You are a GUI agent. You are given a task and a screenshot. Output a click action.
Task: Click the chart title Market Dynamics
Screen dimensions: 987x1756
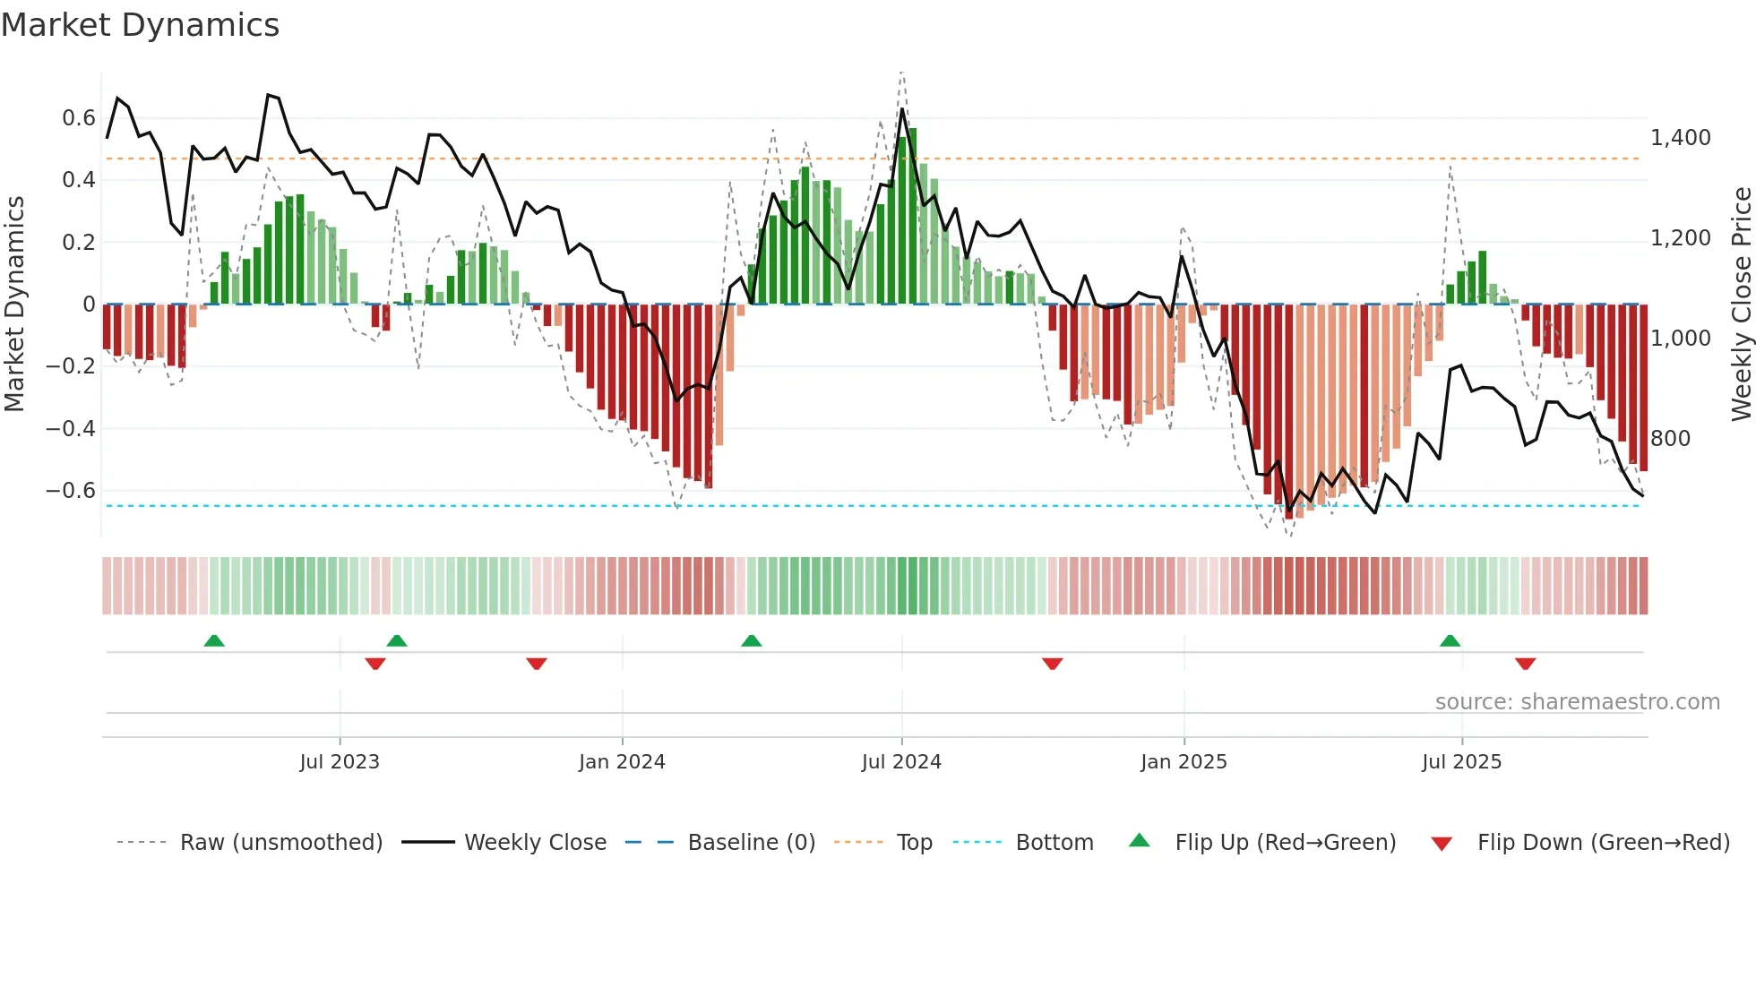(x=140, y=25)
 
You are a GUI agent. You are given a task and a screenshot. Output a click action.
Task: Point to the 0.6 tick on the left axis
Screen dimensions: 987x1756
(x=79, y=118)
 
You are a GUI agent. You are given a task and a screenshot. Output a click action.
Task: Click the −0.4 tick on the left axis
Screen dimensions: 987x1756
(x=71, y=428)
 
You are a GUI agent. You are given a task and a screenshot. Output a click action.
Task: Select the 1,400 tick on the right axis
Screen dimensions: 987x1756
(x=1680, y=138)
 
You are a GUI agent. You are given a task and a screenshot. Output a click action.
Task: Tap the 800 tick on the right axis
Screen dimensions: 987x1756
(x=1670, y=439)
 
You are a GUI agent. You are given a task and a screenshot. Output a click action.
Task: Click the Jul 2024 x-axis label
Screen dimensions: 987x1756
(x=901, y=762)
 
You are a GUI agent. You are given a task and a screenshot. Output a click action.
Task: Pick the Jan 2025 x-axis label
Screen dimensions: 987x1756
(x=1184, y=762)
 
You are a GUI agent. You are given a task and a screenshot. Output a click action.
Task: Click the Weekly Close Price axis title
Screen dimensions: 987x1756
(x=1741, y=305)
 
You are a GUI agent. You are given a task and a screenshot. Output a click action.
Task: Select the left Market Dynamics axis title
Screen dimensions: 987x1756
(x=14, y=305)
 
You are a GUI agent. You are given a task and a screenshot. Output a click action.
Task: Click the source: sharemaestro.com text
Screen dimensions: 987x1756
(x=1577, y=702)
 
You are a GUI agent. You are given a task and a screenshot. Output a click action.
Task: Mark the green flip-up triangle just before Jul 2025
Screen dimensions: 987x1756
(x=1450, y=640)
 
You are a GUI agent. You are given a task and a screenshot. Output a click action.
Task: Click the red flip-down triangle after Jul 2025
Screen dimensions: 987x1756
(x=1525, y=664)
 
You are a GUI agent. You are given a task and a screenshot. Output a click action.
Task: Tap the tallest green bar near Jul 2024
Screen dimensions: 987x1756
(x=912, y=215)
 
